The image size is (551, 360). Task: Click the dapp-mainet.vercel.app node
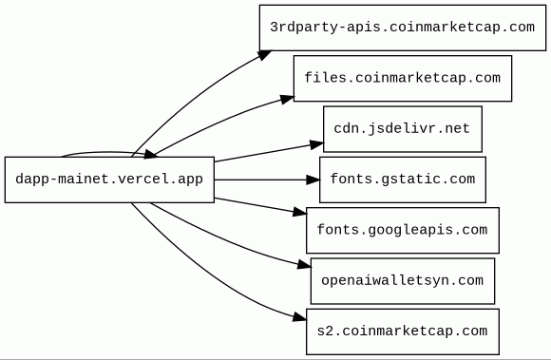tap(109, 180)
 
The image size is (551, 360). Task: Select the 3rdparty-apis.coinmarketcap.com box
tap(403, 28)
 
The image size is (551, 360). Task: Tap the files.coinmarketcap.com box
tap(403, 78)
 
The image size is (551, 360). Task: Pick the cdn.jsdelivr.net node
tap(403, 129)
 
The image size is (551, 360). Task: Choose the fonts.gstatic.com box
tap(403, 180)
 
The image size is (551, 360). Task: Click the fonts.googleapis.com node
tap(403, 230)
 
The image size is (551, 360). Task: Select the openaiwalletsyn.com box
tap(403, 280)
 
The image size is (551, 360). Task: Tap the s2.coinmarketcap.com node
tap(403, 332)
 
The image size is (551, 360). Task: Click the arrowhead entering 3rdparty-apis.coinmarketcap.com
tap(265, 55)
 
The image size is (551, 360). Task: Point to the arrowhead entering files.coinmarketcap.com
tap(287, 100)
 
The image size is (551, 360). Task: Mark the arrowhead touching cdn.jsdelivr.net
tap(316, 144)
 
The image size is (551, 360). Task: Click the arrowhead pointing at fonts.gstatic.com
tap(313, 180)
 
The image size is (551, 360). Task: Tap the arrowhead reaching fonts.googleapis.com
tap(300, 212)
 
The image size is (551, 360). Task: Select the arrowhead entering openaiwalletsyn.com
tap(304, 264)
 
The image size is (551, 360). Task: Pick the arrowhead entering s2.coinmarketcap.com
tap(300, 317)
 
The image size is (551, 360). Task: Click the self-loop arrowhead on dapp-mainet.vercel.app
tap(150, 155)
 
